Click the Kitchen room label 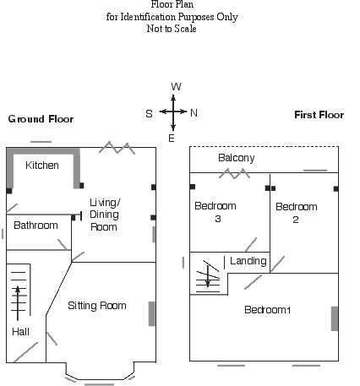click(x=42, y=166)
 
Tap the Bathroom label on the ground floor click(x=35, y=226)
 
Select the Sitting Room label click(x=97, y=306)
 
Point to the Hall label click(x=21, y=332)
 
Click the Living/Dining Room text click(x=105, y=215)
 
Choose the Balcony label click(x=237, y=158)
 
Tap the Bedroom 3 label click(x=215, y=212)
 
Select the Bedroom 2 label click(x=297, y=213)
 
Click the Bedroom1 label click(x=268, y=310)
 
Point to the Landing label click(x=248, y=261)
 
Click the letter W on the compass click(x=176, y=87)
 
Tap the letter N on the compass click(x=194, y=113)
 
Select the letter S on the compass click(x=149, y=114)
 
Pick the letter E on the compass click(x=172, y=139)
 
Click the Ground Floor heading click(x=41, y=119)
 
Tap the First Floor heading click(x=319, y=115)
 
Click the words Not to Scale click(x=172, y=29)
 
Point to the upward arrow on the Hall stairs click(x=18, y=303)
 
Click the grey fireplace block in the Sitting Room click(x=152, y=314)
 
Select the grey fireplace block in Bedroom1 click(x=335, y=318)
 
